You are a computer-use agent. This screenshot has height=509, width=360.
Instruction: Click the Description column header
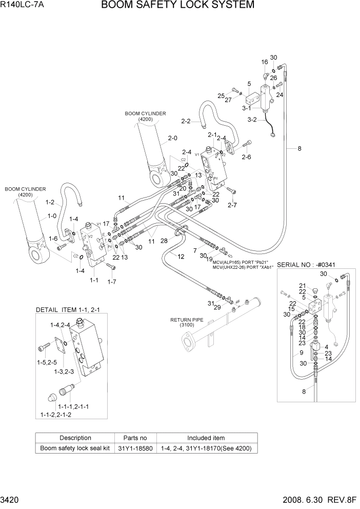pyautogui.click(x=75, y=438)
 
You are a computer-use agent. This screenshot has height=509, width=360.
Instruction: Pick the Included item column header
pyautogui.click(x=206, y=438)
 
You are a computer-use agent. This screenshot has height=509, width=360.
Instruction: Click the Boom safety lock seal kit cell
pyautogui.click(x=75, y=448)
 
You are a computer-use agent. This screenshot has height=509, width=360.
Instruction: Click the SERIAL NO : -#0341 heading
pyautogui.click(x=310, y=265)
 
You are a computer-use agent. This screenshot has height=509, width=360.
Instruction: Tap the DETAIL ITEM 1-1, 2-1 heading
pyautogui.click(x=71, y=310)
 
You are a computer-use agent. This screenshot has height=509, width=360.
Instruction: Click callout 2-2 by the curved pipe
pyautogui.click(x=186, y=121)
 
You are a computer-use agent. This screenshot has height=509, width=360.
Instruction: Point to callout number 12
pyautogui.click(x=181, y=256)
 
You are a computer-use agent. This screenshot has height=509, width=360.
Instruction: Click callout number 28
pyautogui.click(x=164, y=240)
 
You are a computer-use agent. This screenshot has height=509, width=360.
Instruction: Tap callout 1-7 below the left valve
pyautogui.click(x=111, y=281)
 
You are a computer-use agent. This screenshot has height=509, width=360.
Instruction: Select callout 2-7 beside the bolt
pyautogui.click(x=232, y=205)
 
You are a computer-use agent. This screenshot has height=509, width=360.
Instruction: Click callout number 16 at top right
pyautogui.click(x=265, y=62)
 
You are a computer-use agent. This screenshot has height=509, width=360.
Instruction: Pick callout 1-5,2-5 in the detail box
pyautogui.click(x=47, y=362)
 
